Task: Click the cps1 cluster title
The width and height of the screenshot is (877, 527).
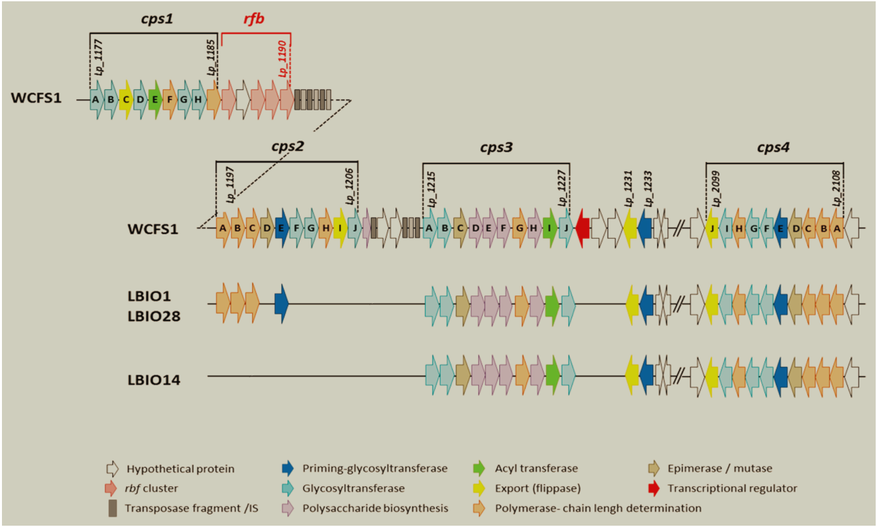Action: pyautogui.click(x=156, y=20)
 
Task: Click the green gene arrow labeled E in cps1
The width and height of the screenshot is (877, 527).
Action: pyautogui.click(x=155, y=100)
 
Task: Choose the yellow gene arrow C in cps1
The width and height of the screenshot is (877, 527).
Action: pyautogui.click(x=125, y=100)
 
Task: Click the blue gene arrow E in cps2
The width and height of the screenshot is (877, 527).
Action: pyautogui.click(x=282, y=228)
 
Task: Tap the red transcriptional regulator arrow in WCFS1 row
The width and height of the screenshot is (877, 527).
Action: pyautogui.click(x=582, y=228)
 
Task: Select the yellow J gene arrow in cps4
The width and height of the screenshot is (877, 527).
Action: pyautogui.click(x=712, y=228)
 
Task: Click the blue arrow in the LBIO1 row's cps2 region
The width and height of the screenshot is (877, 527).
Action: pyautogui.click(x=282, y=303)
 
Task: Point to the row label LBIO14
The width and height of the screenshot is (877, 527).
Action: pyautogui.click(x=154, y=379)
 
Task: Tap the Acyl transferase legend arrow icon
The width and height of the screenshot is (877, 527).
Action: pyautogui.click(x=480, y=469)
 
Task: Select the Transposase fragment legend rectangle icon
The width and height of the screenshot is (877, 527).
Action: pyautogui.click(x=112, y=508)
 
